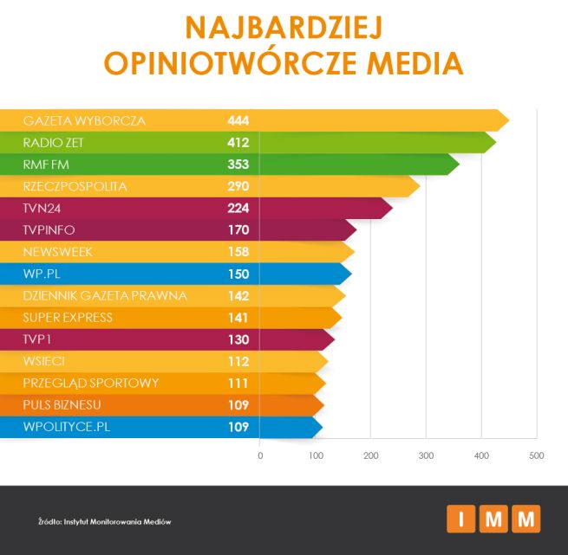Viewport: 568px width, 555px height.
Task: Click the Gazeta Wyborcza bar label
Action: [84, 119]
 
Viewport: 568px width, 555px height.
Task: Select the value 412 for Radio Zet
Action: [238, 142]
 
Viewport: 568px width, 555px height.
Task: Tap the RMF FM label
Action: [53, 164]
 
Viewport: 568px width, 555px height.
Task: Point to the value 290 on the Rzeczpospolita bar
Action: [238, 186]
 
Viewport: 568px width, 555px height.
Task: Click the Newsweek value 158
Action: [238, 252]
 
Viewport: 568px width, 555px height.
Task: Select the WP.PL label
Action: [42, 274]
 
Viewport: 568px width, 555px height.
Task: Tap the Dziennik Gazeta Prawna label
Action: [105, 295]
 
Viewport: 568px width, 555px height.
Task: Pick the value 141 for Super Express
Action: [238, 318]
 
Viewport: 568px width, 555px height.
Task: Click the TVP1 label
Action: [39, 339]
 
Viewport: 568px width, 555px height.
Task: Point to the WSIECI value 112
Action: [238, 361]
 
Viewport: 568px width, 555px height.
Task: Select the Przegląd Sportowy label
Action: [91, 383]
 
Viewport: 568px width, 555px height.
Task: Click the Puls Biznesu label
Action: [62, 404]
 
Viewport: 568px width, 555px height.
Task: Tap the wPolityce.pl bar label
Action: [67, 426]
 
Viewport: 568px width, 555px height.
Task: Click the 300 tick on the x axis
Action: [426, 455]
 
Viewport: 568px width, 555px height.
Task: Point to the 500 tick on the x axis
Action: [537, 455]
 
